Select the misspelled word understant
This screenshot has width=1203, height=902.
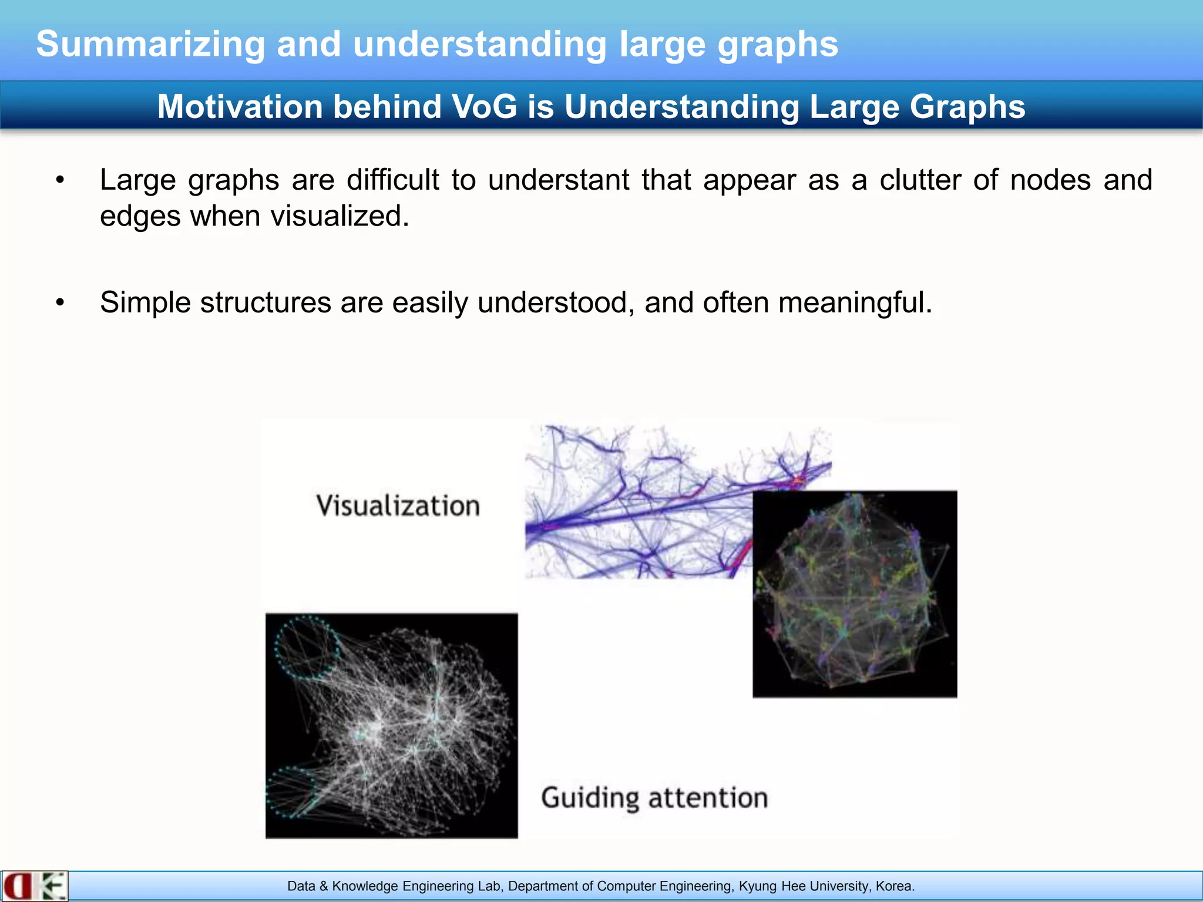559,180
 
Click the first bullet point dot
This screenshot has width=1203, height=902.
60,180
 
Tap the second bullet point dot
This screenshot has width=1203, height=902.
60,303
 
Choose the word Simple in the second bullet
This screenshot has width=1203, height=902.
145,303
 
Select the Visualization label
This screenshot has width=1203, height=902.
398,506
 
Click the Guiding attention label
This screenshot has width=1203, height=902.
654,798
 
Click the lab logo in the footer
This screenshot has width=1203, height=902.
34,886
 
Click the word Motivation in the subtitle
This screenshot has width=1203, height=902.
240,107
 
